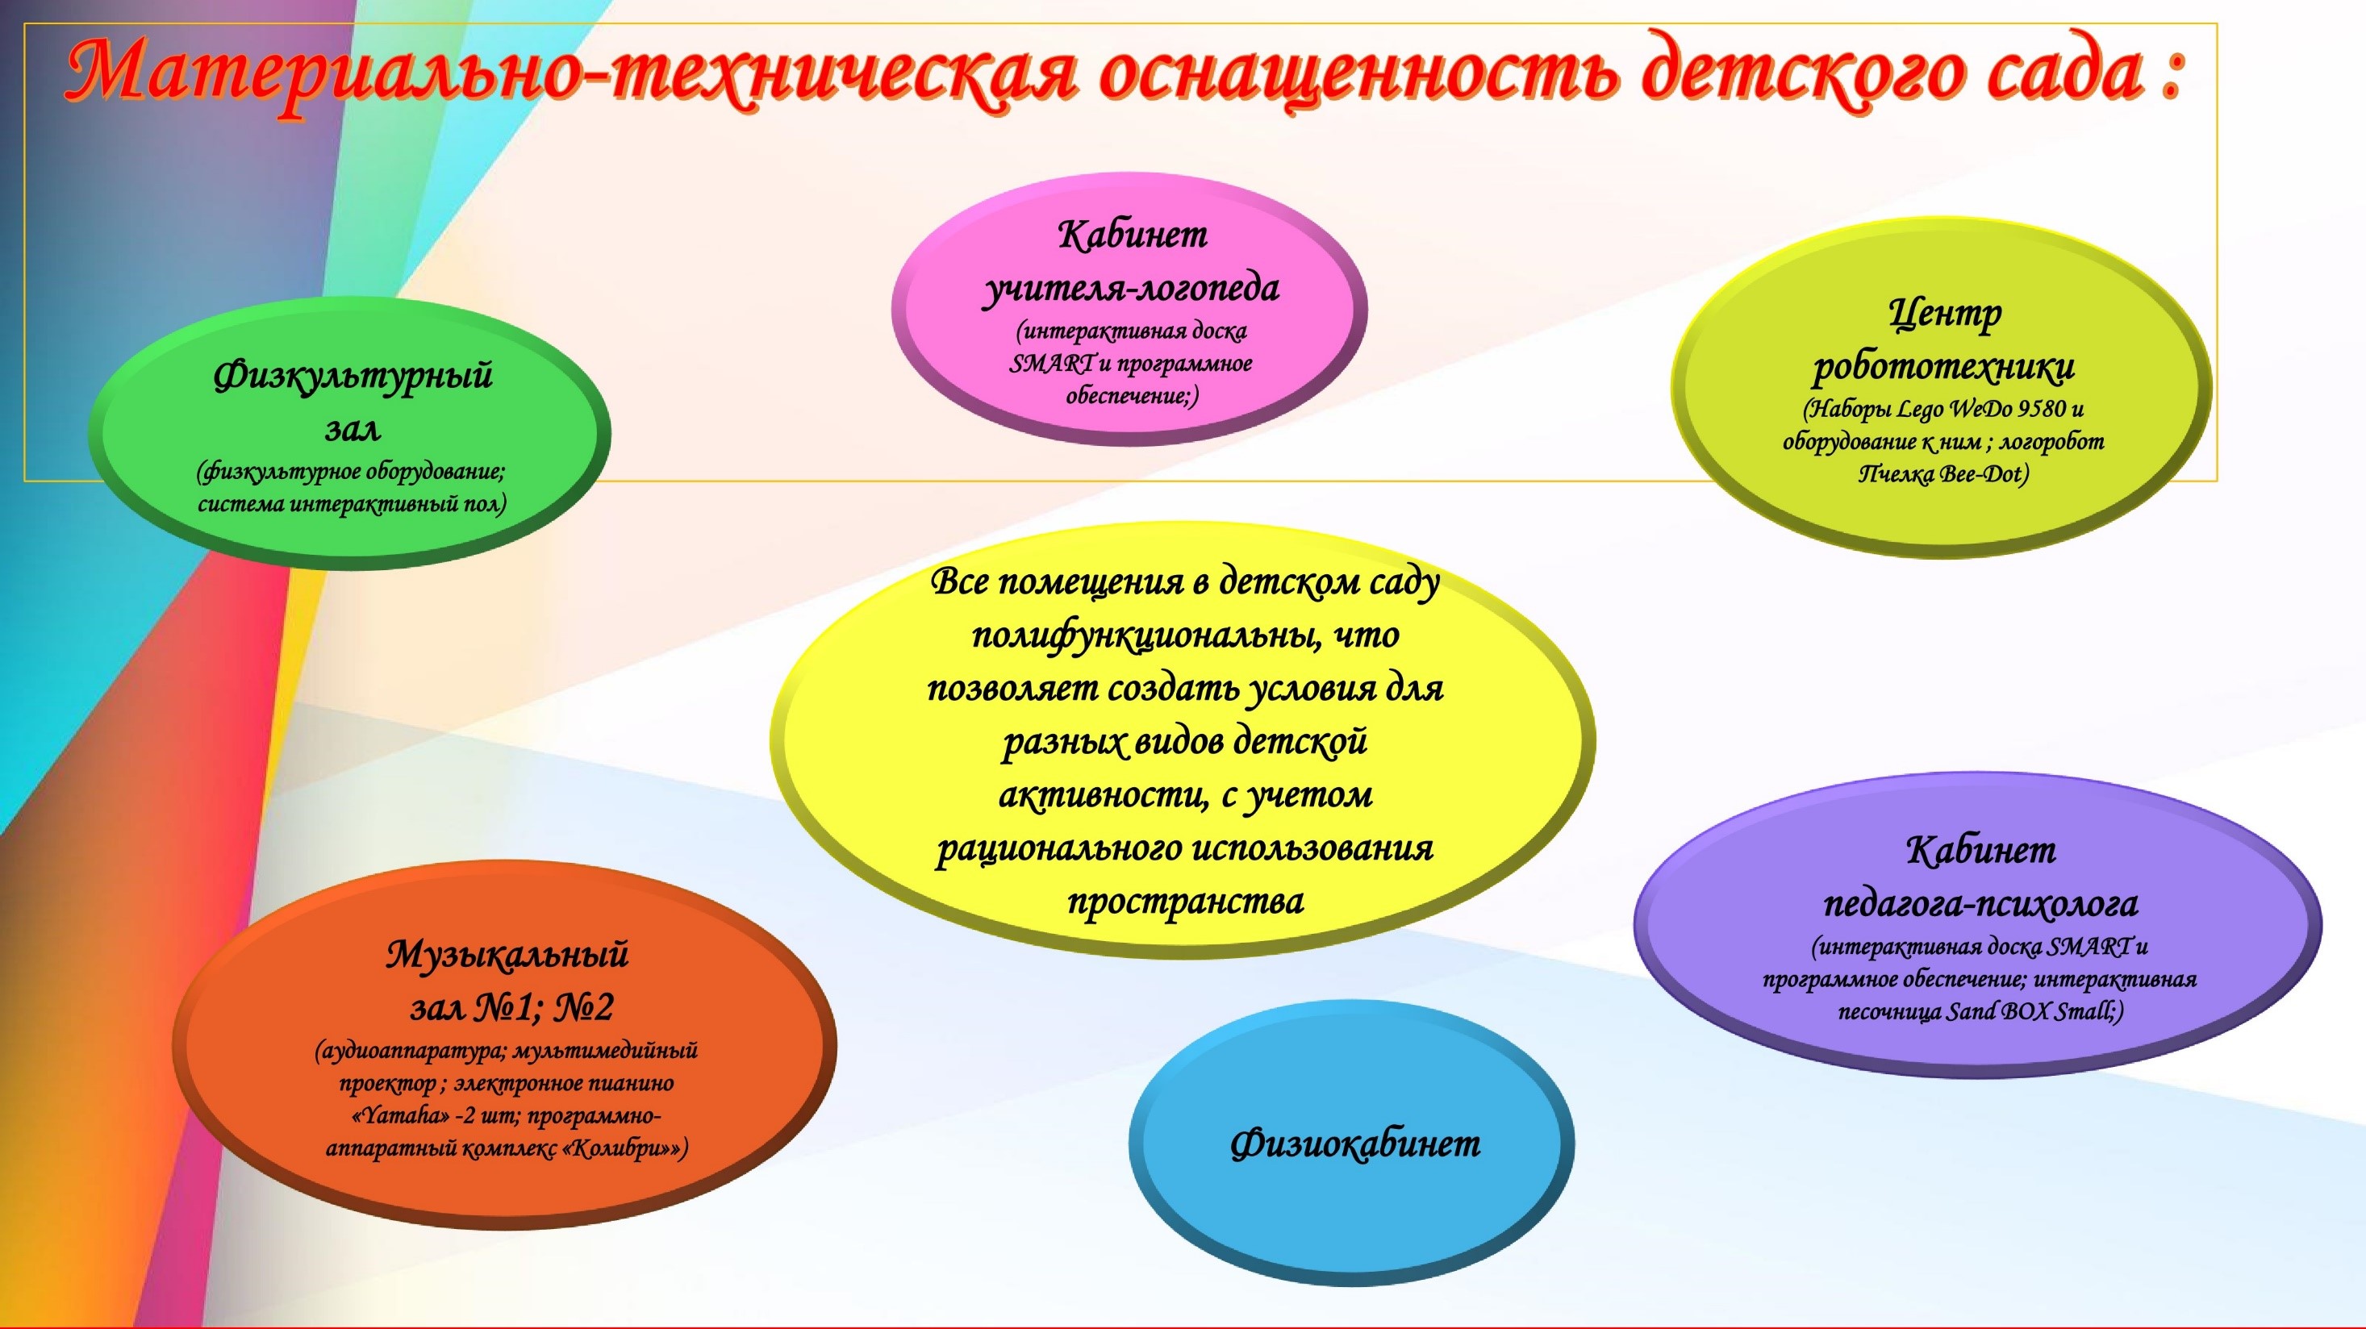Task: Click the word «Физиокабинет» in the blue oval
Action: coord(1354,1144)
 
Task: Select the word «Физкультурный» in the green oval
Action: coord(353,376)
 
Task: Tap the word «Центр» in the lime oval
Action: coord(1944,315)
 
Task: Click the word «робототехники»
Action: coord(1943,366)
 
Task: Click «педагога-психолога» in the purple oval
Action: coord(1980,905)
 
